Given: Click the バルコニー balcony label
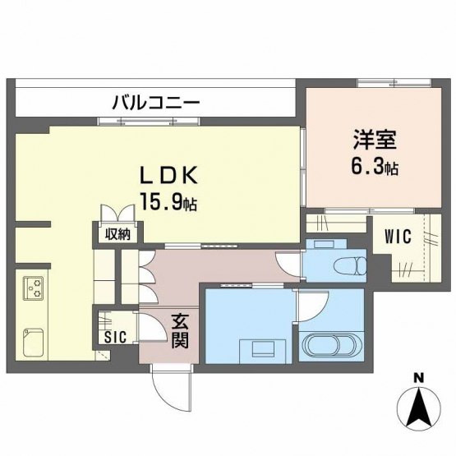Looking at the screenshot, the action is coord(156,103).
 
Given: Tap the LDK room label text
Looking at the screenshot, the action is coord(168,175).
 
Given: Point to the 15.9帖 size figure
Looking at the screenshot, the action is coord(168,201).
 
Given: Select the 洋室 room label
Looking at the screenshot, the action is coord(375,141).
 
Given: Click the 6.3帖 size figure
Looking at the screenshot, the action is coord(375,167).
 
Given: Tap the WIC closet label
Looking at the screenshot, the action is coord(398,236).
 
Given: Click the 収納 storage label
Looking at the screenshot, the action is coord(117,233).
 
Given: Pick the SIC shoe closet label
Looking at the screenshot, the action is coord(116,337).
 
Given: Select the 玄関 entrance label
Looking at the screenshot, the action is coord(180,332).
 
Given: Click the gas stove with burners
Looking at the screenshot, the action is coord(33,288).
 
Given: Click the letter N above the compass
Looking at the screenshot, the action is coord(418,378).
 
